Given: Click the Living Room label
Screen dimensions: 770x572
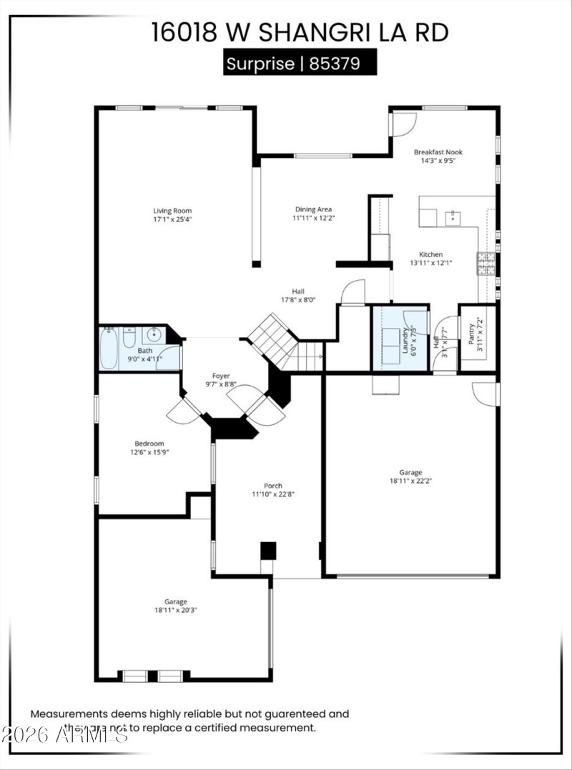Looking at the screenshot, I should coord(172,211).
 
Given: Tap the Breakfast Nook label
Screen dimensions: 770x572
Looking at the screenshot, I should coord(438,152).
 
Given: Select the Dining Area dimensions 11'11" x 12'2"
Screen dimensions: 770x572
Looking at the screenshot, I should coord(313,218).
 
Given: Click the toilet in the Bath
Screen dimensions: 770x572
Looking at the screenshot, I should coord(129,336).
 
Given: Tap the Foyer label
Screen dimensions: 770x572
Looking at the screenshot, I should coord(221,376).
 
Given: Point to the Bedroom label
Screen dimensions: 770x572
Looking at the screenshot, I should coord(149,444).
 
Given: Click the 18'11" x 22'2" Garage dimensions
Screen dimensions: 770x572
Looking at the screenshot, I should coord(411,481).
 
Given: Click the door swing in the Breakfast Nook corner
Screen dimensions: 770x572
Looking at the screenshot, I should coord(403,124).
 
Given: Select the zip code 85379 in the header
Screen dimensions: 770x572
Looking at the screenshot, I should coord(340,63).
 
